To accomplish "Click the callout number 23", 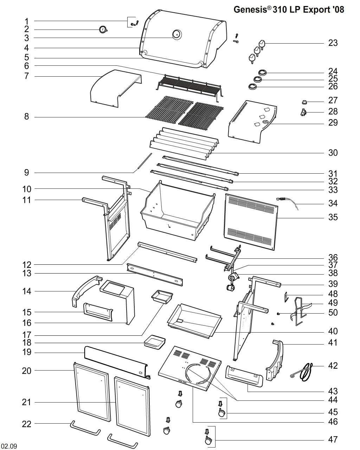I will pos(333,43).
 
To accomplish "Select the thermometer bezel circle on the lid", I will pos(176,34).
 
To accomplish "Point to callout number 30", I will pos(333,153).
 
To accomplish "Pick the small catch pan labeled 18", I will pos(155,341).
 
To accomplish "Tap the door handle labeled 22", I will pos(85,428).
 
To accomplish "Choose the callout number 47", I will pos(333,439).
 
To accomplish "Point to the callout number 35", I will pos(333,217).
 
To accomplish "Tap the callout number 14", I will pos(27,291).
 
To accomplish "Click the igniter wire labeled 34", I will pos(290,203).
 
